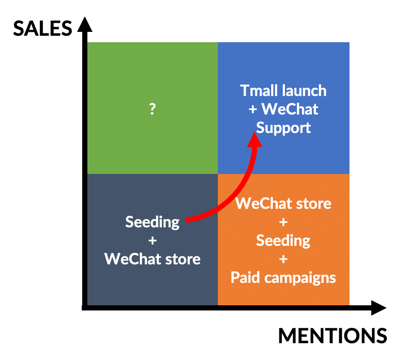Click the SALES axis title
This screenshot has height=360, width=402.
click(x=43, y=28)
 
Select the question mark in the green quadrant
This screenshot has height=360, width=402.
click(x=152, y=109)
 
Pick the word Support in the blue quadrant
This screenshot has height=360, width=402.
click(x=284, y=128)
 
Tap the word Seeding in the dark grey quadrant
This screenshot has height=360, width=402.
click(x=152, y=222)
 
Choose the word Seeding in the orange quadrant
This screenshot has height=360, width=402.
click(x=283, y=241)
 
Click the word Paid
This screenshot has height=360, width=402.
click(x=245, y=278)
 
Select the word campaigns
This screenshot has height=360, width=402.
click(x=300, y=279)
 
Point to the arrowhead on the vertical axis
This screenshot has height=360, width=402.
click(x=85, y=24)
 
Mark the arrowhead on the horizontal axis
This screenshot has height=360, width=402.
click(x=379, y=308)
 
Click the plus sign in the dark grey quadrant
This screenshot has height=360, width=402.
click(x=152, y=241)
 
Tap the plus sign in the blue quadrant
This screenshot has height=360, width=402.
click(x=253, y=109)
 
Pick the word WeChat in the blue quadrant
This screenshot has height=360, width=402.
click(x=290, y=109)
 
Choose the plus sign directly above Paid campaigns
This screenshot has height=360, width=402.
click(x=283, y=259)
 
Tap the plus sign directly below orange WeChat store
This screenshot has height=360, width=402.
click(x=283, y=222)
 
